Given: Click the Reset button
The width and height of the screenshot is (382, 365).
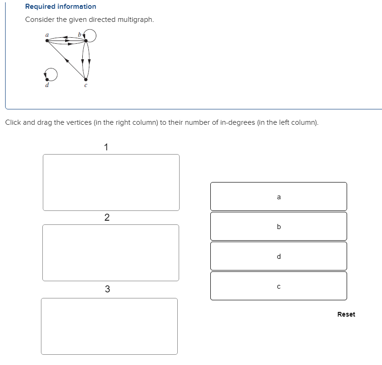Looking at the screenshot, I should pos(346,314).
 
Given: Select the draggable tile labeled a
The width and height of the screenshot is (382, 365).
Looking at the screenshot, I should pos(278,196).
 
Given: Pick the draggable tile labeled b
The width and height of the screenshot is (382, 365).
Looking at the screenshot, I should pos(278,226).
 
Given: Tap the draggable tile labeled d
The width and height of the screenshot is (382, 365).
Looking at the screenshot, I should pos(278,256).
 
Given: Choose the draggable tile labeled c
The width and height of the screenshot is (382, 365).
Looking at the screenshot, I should pos(278,286).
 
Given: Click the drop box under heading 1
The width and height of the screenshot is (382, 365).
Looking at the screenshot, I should pos(111,182).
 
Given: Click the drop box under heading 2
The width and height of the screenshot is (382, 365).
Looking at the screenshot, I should pos(110,253).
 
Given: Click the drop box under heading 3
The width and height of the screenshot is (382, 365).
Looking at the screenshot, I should pos(109,326).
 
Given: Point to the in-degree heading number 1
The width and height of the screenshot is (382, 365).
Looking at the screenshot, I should pos(107,148).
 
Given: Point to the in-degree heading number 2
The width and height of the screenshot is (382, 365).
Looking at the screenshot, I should pos(107,217).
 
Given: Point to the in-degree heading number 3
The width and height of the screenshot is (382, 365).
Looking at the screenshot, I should pos(107,289).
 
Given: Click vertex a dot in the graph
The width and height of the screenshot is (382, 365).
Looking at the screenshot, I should pos(47,41).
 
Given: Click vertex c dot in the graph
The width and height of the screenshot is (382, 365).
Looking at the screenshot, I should pos(85,78).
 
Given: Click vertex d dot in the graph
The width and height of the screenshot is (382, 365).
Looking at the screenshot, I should pos(47,78).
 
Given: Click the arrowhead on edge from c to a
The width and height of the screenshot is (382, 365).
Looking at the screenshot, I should pos(67,60).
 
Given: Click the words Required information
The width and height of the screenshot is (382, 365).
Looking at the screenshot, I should pos(60,7).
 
